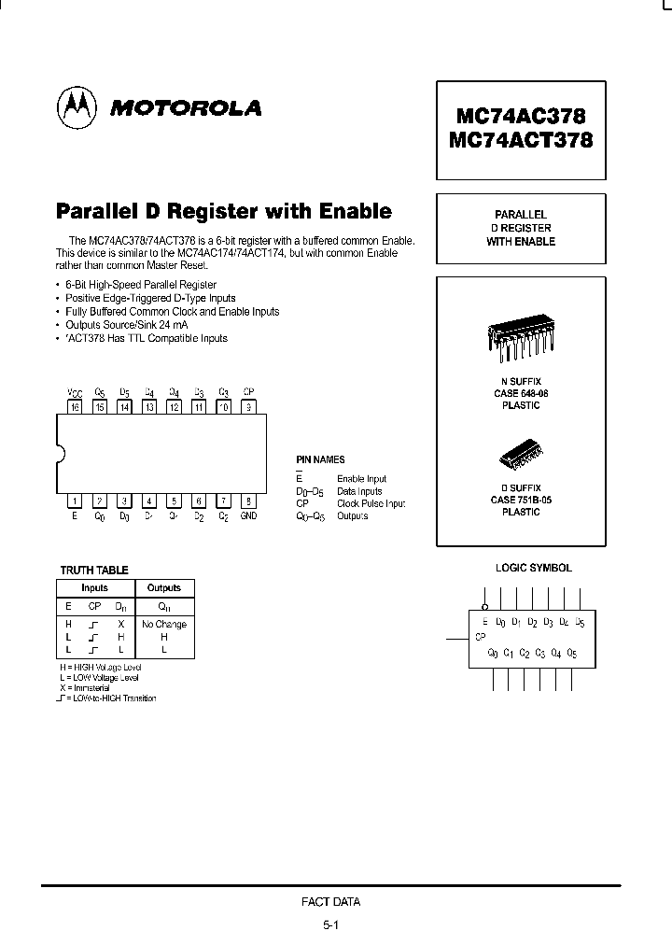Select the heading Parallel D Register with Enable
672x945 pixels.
tap(224, 211)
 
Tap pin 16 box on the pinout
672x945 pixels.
tap(75, 406)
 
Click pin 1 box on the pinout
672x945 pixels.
tap(75, 501)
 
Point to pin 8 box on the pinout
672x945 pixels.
tap(247, 501)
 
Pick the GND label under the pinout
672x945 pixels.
tap(248, 516)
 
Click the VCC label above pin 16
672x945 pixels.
tap(75, 392)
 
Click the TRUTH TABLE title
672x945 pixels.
tap(94, 570)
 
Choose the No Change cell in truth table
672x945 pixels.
tap(164, 624)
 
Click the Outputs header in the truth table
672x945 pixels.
tap(164, 588)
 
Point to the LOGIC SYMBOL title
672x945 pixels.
tap(533, 568)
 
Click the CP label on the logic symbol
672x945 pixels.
tap(481, 637)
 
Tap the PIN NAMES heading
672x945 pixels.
tap(320, 459)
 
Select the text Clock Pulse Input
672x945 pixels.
tap(371, 503)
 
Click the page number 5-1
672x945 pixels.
tap(330, 925)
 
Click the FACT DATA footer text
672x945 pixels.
tap(330, 902)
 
